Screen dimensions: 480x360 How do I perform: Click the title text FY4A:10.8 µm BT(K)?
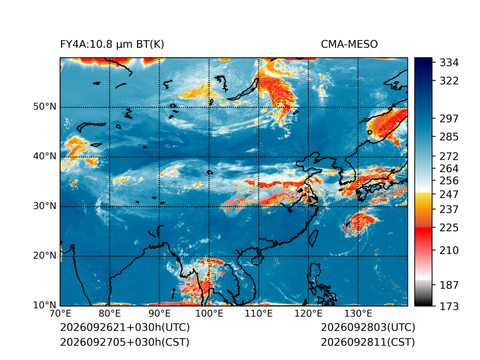[112, 45]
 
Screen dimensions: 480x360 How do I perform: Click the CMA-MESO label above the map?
[349, 45]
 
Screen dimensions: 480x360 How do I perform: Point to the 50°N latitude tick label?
[45, 107]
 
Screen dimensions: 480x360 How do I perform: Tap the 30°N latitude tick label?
[45, 205]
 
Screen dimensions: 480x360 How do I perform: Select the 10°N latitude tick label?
[45, 305]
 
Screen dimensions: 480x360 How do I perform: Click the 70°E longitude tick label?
[60, 314]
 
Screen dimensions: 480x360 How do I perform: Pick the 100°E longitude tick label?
[209, 314]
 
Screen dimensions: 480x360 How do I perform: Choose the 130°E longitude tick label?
[358, 314]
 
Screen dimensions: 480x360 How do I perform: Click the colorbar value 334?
[449, 63]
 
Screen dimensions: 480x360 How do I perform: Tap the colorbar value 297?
[449, 119]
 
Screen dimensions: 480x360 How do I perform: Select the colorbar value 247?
[449, 194]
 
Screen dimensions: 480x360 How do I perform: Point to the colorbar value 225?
[449, 228]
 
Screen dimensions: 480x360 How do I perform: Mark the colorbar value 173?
[449, 306]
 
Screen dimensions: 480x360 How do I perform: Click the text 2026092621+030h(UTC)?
[125, 327]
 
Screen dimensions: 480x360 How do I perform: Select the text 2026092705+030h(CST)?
[125, 342]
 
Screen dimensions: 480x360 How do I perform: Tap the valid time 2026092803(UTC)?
[368, 327]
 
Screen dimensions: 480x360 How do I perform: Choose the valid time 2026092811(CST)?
[368, 342]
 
